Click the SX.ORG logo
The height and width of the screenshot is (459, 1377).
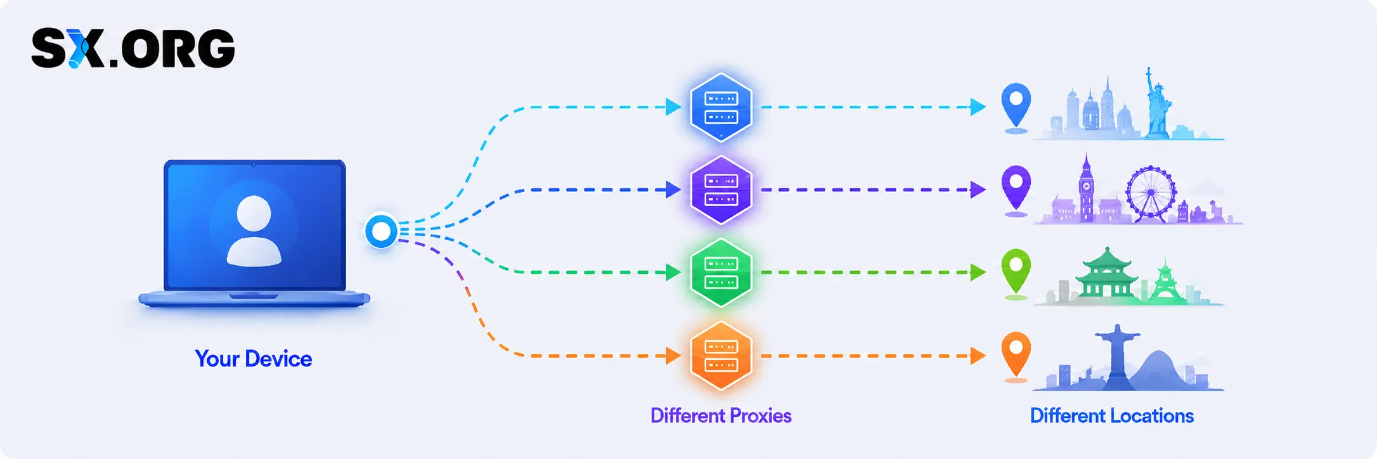pos(133,48)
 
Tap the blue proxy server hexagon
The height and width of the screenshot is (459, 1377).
pos(721,107)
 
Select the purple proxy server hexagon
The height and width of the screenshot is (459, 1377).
pos(721,190)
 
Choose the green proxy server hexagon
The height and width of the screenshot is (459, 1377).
pos(721,273)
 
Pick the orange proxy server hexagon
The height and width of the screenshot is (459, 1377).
pos(721,356)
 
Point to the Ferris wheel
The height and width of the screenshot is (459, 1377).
pos(1151,193)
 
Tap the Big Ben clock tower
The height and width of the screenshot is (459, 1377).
pos(1087,188)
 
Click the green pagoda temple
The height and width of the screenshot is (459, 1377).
pos(1107,273)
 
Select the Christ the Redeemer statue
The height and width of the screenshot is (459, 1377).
pos(1118,356)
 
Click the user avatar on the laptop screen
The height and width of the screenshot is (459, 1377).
pos(254,231)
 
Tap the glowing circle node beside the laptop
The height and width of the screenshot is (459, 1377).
pos(381,231)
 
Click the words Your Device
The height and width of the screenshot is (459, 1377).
pos(254,359)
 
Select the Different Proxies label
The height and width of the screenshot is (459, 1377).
pos(721,416)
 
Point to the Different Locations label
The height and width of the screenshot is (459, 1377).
pos(1112,416)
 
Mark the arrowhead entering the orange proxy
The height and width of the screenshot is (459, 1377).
pos(673,356)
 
